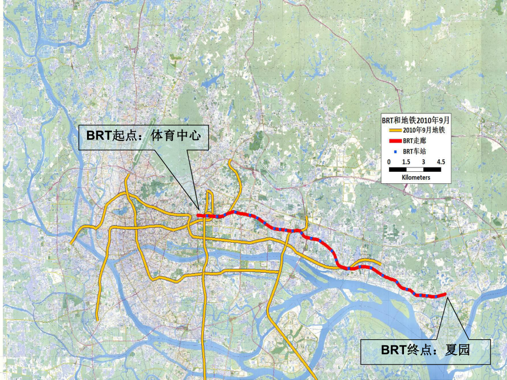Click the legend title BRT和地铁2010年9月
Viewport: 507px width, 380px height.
point(416,120)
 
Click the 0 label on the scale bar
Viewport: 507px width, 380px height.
point(389,162)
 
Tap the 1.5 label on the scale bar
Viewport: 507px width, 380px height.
point(406,162)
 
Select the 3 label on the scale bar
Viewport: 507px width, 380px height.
point(423,162)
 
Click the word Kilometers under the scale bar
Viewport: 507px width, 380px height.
point(416,178)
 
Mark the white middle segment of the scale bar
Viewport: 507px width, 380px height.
point(414,170)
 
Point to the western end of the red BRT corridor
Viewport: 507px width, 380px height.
point(198,215)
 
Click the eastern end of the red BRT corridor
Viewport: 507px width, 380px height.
point(444,295)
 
